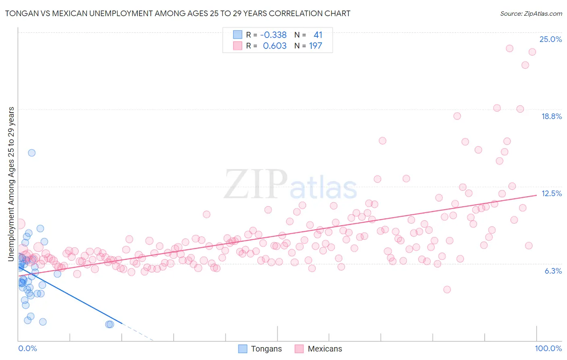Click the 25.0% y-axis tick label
coord(550,39)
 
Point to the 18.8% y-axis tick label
coord(551,116)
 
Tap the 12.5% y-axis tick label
coord(551,193)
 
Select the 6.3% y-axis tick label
coord(553,271)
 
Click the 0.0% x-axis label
coord(27,348)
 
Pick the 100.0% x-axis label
coord(548,348)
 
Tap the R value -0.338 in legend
coord(273,35)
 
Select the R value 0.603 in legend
coord(275,46)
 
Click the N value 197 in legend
coord(315,46)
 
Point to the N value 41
coord(318,35)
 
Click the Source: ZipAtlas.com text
coord(531,14)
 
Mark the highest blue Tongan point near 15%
coord(31,153)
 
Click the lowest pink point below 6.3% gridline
coord(447,289)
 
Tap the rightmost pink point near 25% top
coord(532,52)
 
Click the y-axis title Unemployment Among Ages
coord(11,184)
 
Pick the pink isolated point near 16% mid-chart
coord(382,140)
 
